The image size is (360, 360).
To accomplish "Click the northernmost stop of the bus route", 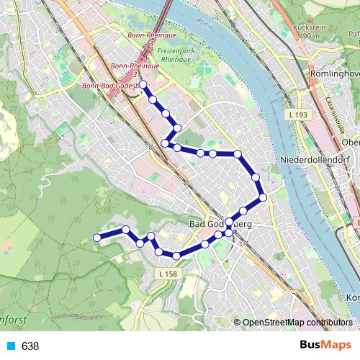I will click(x=143, y=85).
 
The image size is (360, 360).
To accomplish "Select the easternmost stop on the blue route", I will click(x=263, y=197).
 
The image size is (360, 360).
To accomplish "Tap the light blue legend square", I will click(x=11, y=346).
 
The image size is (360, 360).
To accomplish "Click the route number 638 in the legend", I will click(x=30, y=346).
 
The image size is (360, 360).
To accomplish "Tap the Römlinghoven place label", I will click(x=333, y=74).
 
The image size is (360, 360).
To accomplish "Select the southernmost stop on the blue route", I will click(x=176, y=256).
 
